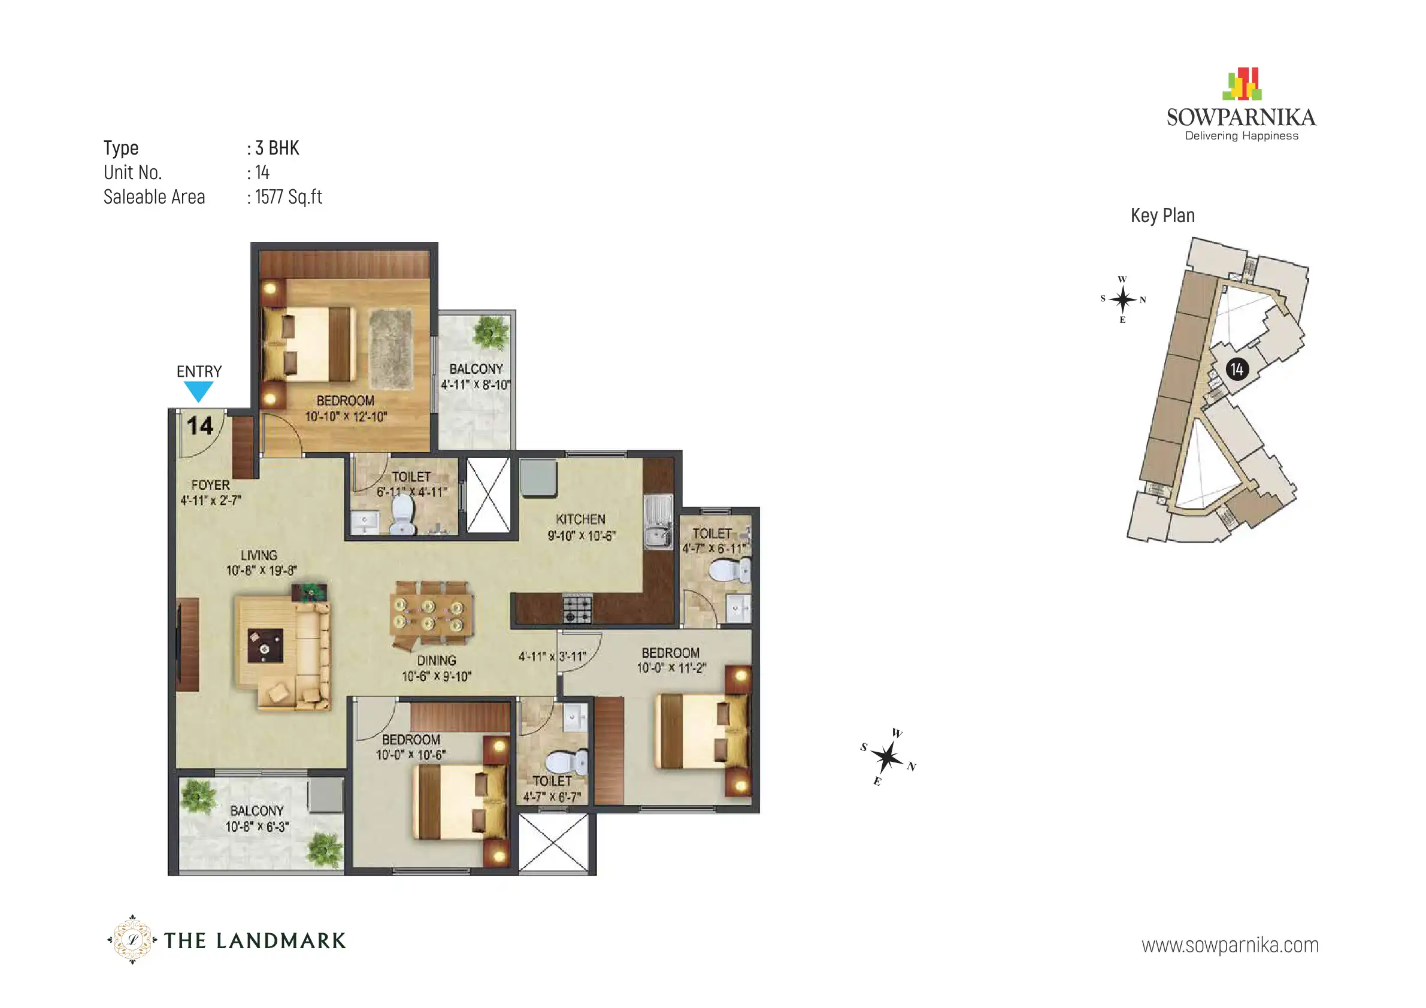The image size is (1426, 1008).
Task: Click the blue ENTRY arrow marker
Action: (199, 391)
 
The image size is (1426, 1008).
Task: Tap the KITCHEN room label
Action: (581, 519)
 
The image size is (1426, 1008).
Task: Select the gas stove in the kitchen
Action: (577, 608)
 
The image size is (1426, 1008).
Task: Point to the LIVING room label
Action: (259, 555)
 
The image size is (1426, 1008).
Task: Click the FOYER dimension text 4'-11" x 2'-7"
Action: (211, 500)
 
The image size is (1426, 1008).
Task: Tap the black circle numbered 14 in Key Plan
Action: (1237, 370)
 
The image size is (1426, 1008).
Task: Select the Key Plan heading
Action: (1162, 216)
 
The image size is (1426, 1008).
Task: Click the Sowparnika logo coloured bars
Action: (1242, 84)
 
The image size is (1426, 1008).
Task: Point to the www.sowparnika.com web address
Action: (1230, 945)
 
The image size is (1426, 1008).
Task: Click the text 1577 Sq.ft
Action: (289, 197)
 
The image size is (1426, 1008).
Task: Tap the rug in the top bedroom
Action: (390, 349)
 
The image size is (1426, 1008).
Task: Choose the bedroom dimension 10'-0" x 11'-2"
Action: (671, 668)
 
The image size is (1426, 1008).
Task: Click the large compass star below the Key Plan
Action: (888, 757)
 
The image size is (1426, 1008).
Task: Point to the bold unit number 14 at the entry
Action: (200, 426)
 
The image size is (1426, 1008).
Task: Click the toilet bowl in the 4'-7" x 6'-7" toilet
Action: (566, 761)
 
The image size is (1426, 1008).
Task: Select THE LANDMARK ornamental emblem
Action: (132, 940)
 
